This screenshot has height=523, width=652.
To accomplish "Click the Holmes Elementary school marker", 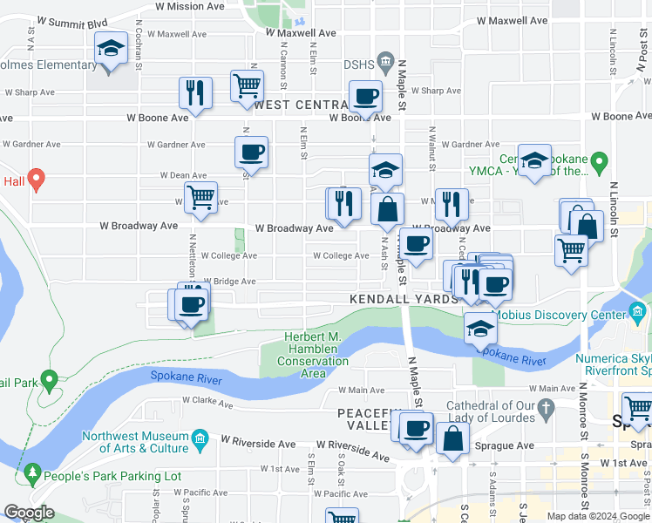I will pos(111,49).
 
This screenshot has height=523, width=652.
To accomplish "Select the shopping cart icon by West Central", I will pos(248,86).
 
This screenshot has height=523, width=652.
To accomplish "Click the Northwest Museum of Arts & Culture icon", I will pos(200,437).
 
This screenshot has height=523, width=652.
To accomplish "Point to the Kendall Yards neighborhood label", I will pos(404,299).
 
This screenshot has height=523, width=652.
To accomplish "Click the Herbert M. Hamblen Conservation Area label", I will pos(314,356).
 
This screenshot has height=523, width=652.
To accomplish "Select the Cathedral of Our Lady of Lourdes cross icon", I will pos(547,406).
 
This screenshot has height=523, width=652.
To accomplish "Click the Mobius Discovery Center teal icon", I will pos(641,312).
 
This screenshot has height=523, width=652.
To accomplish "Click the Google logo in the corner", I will pos(29,513).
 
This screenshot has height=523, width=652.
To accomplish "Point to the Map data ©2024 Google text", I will pos(597,516).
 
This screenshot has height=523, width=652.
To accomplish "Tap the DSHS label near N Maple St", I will pos(358,63).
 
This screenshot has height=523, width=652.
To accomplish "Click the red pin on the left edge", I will pos(35,180).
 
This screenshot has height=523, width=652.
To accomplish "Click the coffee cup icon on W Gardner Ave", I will pos(251,153).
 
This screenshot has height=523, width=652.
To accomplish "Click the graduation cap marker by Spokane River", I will pos(480,328).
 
